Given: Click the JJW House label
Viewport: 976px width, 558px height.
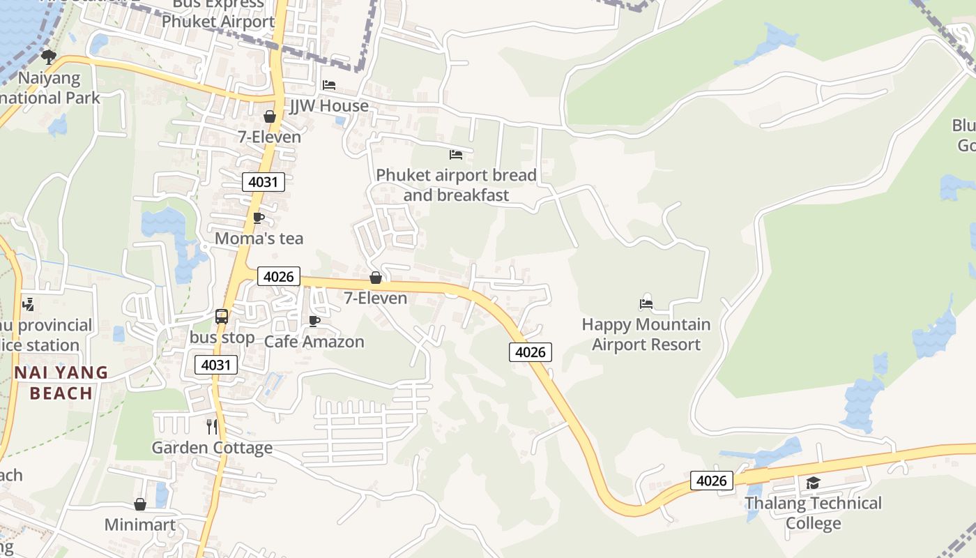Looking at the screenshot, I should pos(329,106).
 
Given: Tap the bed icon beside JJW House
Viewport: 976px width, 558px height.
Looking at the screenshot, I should pos(329,85).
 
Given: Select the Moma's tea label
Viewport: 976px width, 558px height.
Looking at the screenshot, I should pos(259,239).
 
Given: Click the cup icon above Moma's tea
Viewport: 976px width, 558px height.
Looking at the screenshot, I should pos(259,218).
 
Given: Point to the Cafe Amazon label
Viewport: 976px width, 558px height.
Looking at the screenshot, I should pos(314,342).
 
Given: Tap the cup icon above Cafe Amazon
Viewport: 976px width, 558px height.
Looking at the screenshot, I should pos(314,321).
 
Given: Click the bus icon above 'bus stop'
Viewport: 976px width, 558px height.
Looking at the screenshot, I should pos(222,317).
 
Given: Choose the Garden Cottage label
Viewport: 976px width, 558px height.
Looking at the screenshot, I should pos(212,447).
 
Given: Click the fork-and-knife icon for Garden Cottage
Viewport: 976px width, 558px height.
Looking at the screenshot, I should pos(212,426).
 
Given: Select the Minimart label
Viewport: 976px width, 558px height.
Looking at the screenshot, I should pos(140,525).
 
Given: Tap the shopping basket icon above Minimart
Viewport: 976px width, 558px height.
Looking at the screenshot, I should pos(140,504).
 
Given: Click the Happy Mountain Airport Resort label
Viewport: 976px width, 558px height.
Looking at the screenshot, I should pos(646,334).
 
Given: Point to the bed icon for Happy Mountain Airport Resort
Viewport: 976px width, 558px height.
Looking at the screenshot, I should pos(646,304).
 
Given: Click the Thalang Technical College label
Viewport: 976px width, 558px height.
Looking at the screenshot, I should pos(813,513).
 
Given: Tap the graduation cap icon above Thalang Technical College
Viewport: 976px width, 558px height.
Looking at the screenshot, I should pos(813,483).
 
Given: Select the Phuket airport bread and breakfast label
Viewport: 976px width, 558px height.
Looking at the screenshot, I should pos(456,185).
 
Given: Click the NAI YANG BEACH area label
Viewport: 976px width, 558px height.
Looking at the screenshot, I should pos(61,383).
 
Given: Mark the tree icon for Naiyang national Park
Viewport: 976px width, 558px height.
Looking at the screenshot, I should pos(48,56).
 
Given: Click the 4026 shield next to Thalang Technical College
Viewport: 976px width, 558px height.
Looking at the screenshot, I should pos(712,481).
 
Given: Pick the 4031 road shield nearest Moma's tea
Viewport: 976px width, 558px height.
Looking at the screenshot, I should pos(264,183).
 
